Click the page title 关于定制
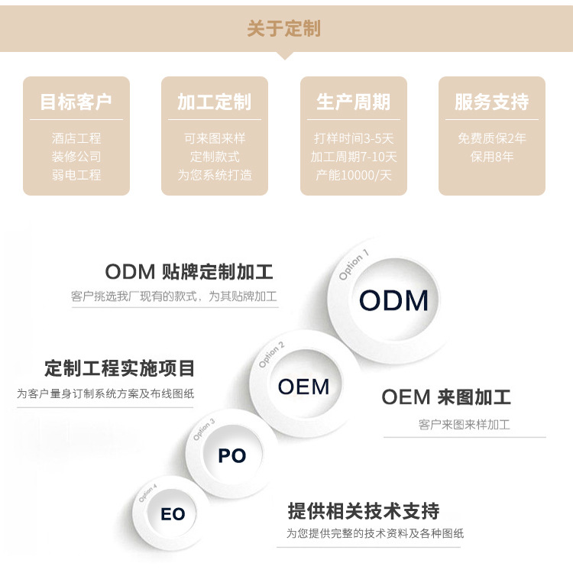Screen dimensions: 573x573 click(x=284, y=29)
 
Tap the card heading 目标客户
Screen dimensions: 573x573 click(x=76, y=102)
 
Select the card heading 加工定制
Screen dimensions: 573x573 click(x=214, y=102)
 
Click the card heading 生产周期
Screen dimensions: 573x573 click(x=353, y=102)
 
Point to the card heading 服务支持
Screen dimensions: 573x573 click(x=491, y=102)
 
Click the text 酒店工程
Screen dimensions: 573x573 click(x=76, y=138)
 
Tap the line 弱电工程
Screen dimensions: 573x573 click(x=76, y=175)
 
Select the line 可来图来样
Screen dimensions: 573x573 click(x=214, y=138)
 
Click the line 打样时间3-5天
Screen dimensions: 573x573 click(x=353, y=138)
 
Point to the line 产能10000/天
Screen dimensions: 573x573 click(x=353, y=175)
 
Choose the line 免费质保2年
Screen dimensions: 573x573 click(x=491, y=138)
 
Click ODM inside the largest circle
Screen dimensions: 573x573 click(x=393, y=300)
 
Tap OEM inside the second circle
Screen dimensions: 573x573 click(x=303, y=387)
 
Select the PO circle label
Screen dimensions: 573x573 click(x=231, y=456)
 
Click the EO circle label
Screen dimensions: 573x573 click(x=173, y=514)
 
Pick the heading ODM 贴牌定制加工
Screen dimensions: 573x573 click(x=189, y=272)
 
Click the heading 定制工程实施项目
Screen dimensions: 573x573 click(x=120, y=368)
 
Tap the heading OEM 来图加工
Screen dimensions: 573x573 click(x=446, y=397)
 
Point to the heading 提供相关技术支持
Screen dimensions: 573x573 click(x=363, y=511)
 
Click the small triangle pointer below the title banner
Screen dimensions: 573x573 click(x=285, y=55)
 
